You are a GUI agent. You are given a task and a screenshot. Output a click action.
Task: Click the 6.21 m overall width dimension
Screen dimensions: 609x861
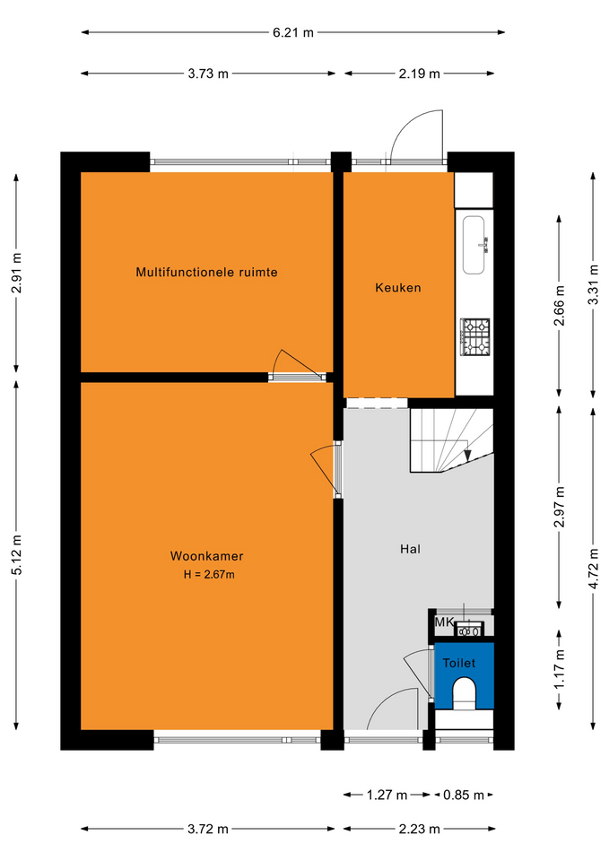[293, 32]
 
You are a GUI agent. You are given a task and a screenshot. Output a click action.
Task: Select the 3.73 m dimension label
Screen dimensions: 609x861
[208, 74]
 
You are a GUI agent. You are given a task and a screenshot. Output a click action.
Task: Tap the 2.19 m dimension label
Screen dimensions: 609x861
[420, 74]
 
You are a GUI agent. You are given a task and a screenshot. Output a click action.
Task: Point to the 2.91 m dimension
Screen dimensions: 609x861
[16, 273]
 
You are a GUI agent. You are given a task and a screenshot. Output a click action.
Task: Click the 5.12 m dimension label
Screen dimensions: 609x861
[16, 554]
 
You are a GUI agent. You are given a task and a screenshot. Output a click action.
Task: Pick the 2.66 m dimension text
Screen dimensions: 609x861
[559, 306]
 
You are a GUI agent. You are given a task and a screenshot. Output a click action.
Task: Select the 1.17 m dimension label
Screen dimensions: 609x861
[559, 669]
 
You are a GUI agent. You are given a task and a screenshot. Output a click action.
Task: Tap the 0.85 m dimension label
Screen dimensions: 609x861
[464, 795]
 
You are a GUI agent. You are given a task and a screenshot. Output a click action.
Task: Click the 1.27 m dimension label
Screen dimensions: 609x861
[387, 795]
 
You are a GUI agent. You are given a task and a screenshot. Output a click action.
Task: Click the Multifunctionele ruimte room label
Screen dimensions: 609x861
[206, 272]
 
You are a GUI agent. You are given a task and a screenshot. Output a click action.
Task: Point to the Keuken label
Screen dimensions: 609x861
[398, 287]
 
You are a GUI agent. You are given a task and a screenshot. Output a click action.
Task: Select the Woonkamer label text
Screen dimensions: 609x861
[206, 556]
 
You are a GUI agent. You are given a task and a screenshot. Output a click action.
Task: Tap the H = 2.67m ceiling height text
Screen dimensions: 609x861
[209, 575]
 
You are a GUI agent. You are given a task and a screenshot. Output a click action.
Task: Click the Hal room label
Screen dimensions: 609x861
[410, 549]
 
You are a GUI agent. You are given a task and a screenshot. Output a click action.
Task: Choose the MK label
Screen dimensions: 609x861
[444, 622]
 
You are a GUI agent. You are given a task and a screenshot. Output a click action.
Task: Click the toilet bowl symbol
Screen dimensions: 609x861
[465, 692]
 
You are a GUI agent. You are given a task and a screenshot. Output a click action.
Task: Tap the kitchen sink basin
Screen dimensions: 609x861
[474, 245]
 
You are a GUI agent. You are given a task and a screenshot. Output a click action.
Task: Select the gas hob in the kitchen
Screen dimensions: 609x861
[475, 337]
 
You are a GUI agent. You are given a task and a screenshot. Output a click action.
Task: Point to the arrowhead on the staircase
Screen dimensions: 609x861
[468, 456]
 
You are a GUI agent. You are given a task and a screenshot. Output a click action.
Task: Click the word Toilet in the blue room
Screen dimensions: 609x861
[459, 663]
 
